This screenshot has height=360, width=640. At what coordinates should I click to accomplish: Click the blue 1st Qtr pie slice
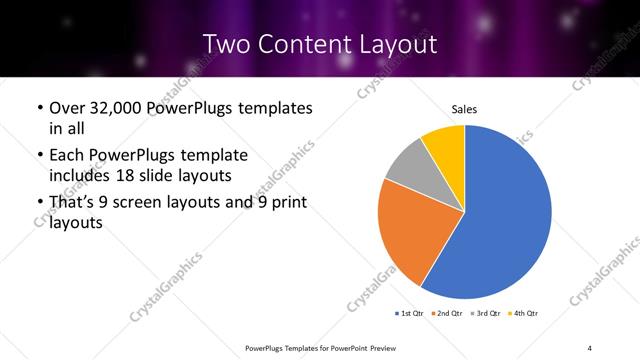(x=505, y=220)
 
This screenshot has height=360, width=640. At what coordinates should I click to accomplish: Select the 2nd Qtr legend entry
(x=447, y=313)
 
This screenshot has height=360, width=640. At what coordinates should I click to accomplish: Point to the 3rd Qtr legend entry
(x=484, y=313)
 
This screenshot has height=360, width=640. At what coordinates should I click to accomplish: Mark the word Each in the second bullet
(x=67, y=155)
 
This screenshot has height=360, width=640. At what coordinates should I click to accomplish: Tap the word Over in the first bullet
(x=67, y=108)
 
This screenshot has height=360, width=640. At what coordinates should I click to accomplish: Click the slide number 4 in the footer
(x=590, y=347)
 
